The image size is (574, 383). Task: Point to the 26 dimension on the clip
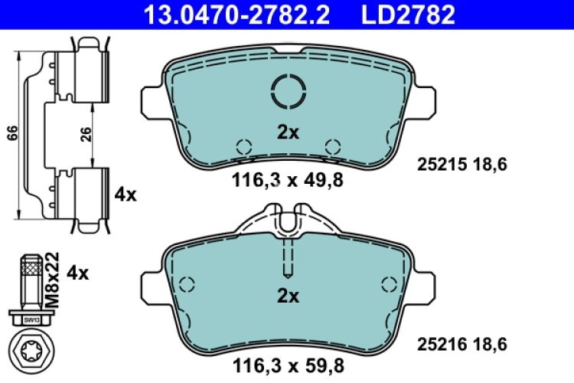coord(86,135)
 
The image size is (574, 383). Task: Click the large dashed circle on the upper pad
coord(288,92)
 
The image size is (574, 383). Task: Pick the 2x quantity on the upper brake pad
coord(287,132)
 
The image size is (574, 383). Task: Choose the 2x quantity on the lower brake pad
coord(287,295)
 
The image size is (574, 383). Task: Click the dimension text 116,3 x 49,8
coord(287,181)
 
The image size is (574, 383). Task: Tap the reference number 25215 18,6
coord(462,163)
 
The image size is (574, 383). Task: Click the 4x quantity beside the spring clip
coord(126,195)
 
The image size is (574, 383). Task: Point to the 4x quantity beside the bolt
coord(78,272)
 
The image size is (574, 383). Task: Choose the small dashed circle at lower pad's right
coord(388,285)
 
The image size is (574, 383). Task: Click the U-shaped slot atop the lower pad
coord(288,222)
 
